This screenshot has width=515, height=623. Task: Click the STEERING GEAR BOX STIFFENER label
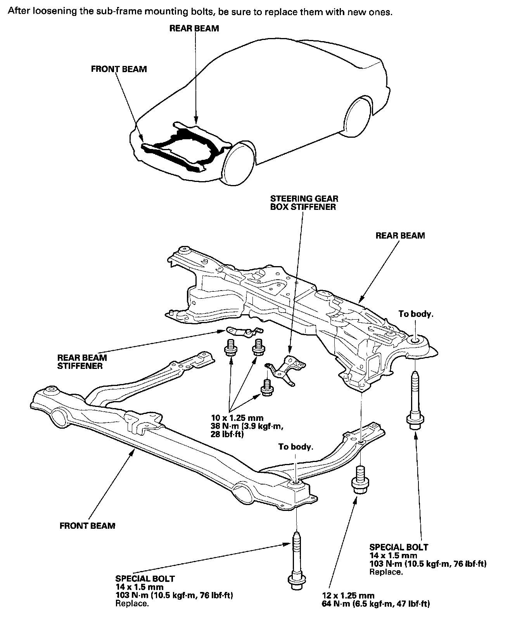click(304, 203)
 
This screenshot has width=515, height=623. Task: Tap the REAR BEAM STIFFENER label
click(82, 362)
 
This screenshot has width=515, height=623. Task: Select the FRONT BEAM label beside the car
click(119, 69)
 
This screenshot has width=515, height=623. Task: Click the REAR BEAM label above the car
click(194, 28)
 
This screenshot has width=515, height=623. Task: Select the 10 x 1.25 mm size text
click(237, 418)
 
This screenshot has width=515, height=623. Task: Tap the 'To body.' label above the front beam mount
click(296, 446)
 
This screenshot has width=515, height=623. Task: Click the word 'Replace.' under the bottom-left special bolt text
click(132, 604)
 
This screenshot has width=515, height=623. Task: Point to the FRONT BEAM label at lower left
click(87, 526)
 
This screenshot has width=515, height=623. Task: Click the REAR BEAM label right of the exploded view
click(400, 235)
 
